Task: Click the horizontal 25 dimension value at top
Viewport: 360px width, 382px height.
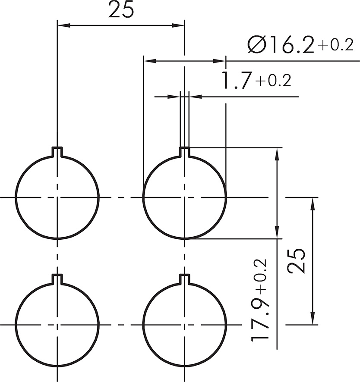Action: tap(121, 10)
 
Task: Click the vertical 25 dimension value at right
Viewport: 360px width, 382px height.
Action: tap(296, 261)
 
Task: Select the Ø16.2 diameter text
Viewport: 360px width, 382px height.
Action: tap(281, 44)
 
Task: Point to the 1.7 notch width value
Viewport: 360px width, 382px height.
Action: tap(236, 80)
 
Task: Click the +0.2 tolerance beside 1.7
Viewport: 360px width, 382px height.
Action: tap(273, 80)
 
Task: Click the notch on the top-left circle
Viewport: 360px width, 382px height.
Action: tap(57, 151)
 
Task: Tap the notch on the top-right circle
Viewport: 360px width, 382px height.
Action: tap(185, 151)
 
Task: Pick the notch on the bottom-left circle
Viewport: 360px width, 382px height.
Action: tap(57, 279)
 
